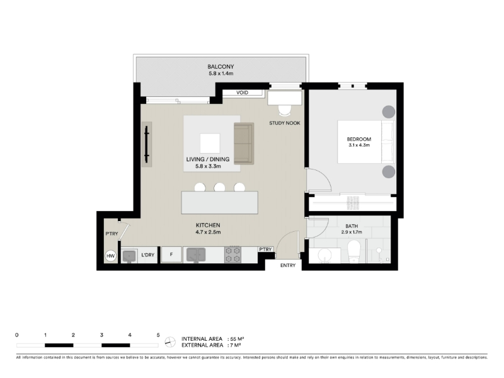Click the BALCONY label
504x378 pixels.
tap(220, 67)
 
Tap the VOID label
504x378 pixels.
tap(242, 93)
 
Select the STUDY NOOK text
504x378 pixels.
tap(285, 123)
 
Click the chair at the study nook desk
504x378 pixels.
tap(285, 111)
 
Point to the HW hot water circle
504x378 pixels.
tap(111, 256)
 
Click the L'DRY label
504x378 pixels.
tap(148, 255)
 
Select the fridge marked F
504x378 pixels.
tap(171, 255)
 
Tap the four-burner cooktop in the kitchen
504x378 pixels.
tap(232, 255)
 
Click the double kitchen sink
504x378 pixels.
tap(196, 255)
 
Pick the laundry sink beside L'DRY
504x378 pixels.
tap(130, 256)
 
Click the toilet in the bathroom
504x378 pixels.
tap(355, 251)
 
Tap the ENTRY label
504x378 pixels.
tap(288, 265)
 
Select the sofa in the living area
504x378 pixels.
tap(244, 144)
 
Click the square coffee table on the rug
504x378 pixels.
tap(210, 144)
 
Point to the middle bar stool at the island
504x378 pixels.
tap(219, 187)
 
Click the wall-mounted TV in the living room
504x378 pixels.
tap(147, 144)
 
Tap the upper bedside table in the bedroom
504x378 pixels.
tap(388, 112)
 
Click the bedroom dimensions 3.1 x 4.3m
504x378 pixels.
tap(359, 146)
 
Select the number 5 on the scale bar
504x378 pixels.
tap(158, 335)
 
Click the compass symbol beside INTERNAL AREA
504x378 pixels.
tap(170, 342)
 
